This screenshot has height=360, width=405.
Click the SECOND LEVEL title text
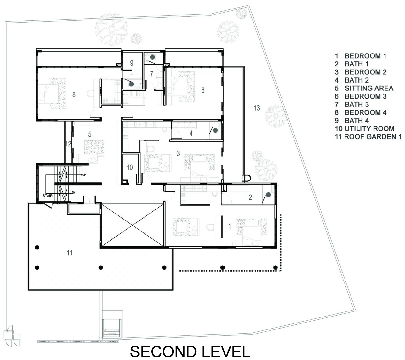190,351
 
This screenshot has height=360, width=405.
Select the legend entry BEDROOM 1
360,56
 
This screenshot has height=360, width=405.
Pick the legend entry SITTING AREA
364,88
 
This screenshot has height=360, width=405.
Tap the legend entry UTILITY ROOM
365,129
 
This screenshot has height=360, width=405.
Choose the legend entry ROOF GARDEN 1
368,137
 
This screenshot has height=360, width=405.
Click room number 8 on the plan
74,94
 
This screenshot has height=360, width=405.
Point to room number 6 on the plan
203,90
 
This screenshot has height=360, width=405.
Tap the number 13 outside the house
257,108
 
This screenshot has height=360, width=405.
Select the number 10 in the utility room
130,167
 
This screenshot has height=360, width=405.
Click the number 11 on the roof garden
70,253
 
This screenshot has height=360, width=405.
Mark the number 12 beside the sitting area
68,144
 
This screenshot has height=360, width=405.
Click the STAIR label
48,196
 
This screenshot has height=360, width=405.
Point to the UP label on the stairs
84,175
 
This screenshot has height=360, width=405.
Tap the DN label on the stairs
74,193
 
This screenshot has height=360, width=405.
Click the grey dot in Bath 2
215,130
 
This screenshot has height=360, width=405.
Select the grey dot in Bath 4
131,84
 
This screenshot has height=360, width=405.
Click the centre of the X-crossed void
132,225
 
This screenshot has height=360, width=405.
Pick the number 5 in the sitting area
90,134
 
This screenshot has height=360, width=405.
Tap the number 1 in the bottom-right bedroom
230,226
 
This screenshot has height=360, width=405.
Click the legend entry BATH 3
352,104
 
